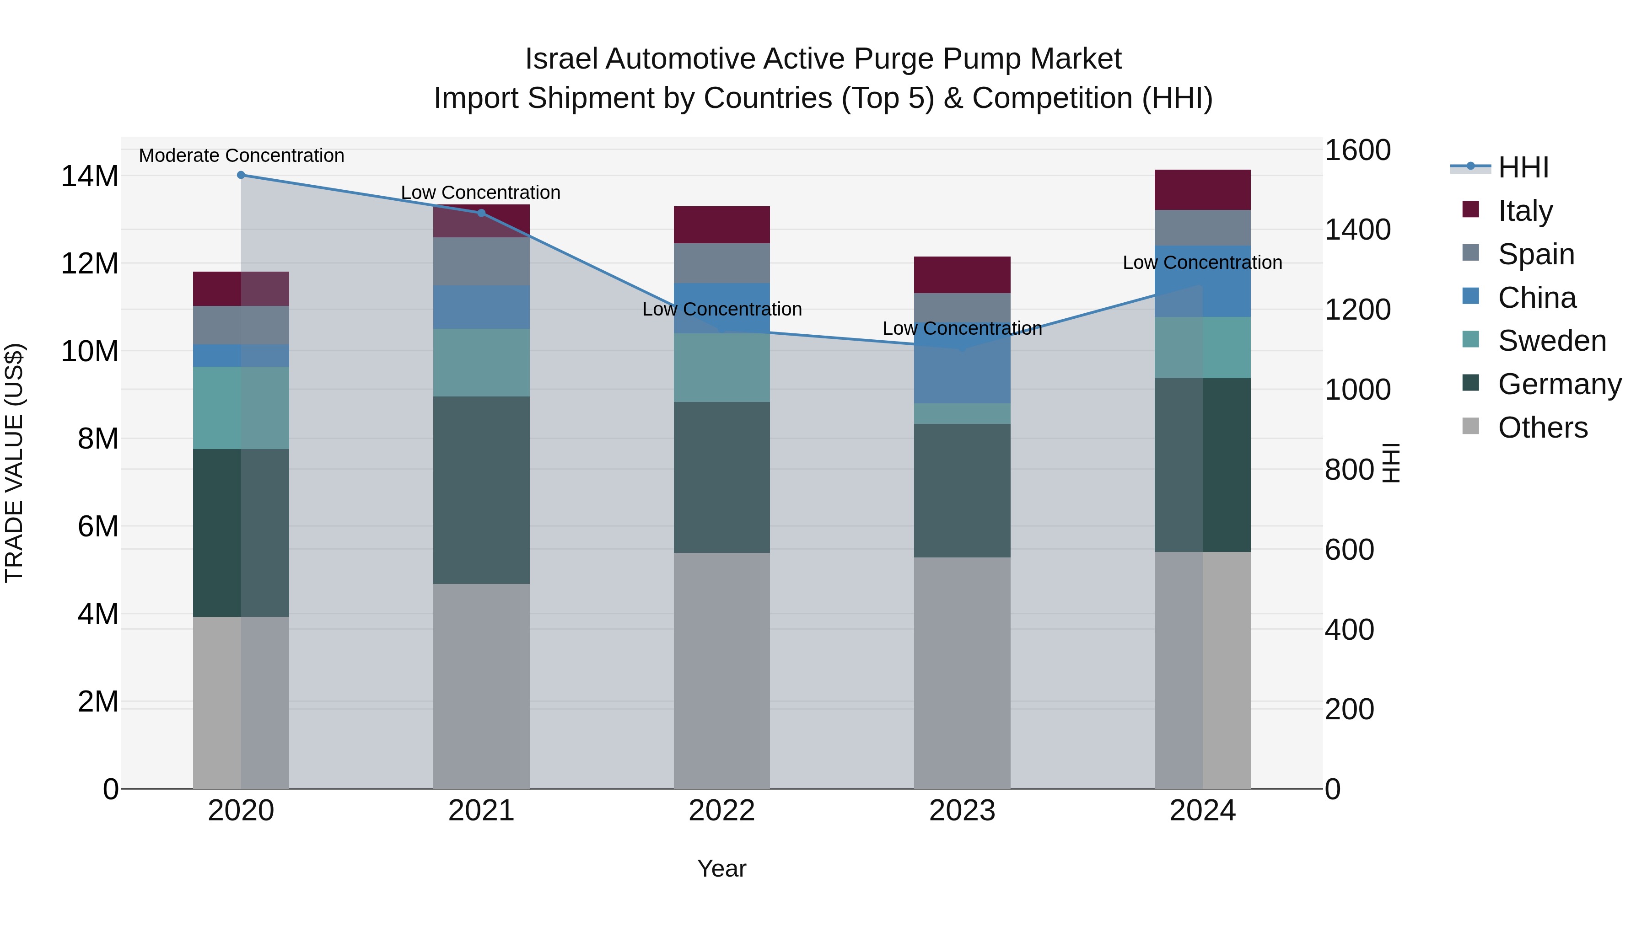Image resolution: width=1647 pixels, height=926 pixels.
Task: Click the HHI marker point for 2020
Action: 241,175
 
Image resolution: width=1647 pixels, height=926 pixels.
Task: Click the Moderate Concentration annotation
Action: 241,156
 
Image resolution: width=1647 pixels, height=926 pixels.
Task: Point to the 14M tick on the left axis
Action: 90,177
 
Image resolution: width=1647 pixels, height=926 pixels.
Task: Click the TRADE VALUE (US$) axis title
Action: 14,463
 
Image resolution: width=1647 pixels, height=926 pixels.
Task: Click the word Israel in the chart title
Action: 561,59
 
